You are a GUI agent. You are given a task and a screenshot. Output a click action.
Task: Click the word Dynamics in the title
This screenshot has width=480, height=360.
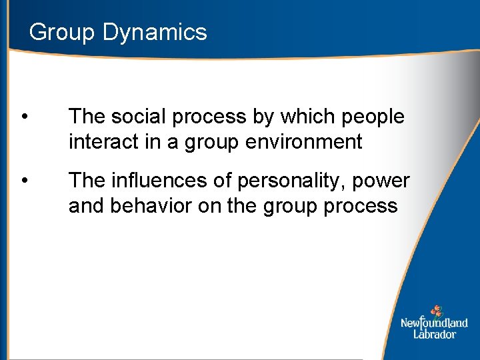(155, 33)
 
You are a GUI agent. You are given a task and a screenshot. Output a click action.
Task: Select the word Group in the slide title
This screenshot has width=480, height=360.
(63, 32)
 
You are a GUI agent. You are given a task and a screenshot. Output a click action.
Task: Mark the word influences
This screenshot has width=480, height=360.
(154, 181)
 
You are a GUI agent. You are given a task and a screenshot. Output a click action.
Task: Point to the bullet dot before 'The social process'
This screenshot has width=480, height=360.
(24, 117)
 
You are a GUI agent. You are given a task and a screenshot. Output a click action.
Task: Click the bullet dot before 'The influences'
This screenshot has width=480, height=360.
(24, 181)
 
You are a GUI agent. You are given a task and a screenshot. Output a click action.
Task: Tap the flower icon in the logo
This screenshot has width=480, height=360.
(436, 311)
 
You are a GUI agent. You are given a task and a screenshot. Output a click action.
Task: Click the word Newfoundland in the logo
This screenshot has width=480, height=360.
(434, 323)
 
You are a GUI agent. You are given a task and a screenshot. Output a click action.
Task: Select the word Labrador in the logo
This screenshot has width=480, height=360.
(434, 334)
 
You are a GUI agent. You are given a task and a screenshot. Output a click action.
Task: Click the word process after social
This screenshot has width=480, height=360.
(207, 117)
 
